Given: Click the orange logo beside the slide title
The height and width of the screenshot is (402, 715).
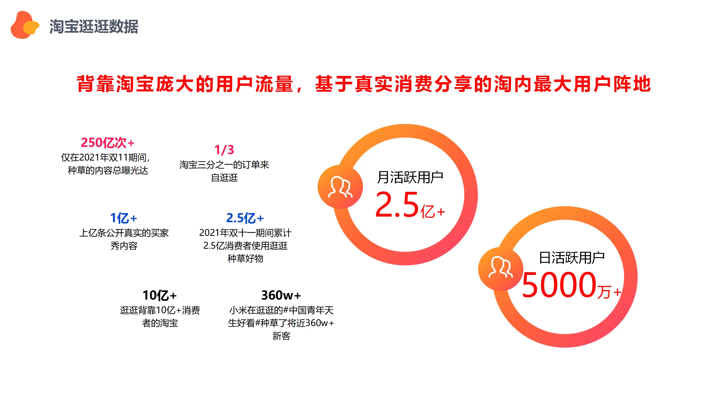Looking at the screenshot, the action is coord(25,25).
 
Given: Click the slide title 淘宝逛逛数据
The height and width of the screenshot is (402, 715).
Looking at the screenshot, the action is coord(94,27).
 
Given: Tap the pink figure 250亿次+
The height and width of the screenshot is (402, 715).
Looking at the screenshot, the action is coord(108,143).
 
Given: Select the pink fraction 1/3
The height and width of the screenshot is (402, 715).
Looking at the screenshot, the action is coord(224,150).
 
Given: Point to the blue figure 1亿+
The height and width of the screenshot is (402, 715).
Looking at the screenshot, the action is coord(123,218).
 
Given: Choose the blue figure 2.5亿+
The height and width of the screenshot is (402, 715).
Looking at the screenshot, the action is coord(245,218).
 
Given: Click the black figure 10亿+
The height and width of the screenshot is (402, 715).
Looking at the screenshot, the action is coord(159,295).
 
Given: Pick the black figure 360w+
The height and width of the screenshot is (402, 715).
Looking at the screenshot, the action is coord(281,295).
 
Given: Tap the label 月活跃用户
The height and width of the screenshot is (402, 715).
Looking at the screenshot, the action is coord(410,177).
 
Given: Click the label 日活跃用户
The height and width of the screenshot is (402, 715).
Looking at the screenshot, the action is coord(571,257).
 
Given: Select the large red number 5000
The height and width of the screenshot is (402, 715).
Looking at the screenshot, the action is coord(559,285).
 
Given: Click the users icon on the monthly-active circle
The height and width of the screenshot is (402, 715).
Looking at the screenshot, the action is coord(340,187).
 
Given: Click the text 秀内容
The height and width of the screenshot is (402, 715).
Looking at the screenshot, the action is coord(124,246).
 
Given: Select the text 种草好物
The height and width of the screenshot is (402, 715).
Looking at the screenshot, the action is coord(245,259).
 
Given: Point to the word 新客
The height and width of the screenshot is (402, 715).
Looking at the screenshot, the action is coord(281,336).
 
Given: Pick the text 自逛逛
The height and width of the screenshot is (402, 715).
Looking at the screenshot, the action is coord(224,178).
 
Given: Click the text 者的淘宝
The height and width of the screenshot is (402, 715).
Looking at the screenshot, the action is coord(160,323).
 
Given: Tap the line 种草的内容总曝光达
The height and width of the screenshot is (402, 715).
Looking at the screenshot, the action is coord(108,170).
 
